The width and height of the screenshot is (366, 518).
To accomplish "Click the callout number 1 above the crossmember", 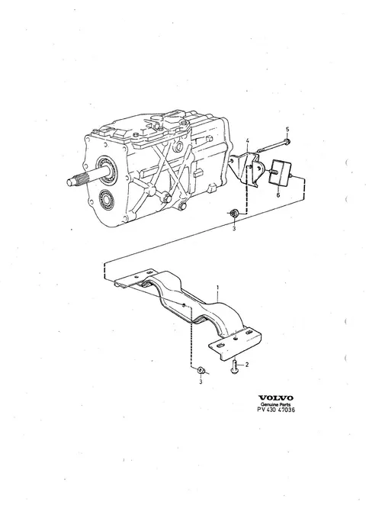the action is tap(217, 288).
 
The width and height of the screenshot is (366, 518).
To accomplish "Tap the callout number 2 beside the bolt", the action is tap(247, 365).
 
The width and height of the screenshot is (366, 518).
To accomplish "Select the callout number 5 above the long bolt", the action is tap(287, 129).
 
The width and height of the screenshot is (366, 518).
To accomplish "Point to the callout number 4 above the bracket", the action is tap(248, 141).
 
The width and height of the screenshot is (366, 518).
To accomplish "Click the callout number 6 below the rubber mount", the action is tap(278, 195).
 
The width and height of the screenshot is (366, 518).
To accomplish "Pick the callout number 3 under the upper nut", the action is tap(234, 229).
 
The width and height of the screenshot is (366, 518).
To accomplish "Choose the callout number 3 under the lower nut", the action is tap(201, 382).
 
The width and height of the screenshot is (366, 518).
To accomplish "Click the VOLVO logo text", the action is tap(276, 397).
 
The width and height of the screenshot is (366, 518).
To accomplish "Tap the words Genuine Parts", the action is tap(276, 404).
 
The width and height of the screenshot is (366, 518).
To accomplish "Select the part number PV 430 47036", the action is tap(276, 410).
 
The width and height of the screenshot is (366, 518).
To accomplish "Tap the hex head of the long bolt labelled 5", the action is tap(287, 143).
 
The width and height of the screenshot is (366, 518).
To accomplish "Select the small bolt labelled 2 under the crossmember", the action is tap(234, 367).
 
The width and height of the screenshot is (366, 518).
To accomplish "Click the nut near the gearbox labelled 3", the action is tap(234, 214).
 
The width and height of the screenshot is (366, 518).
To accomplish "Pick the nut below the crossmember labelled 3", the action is tap(201, 370).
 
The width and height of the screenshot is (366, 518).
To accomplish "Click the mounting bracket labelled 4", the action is tap(247, 169).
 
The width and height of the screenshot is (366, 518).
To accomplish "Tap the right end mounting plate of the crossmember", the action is tap(235, 343).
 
